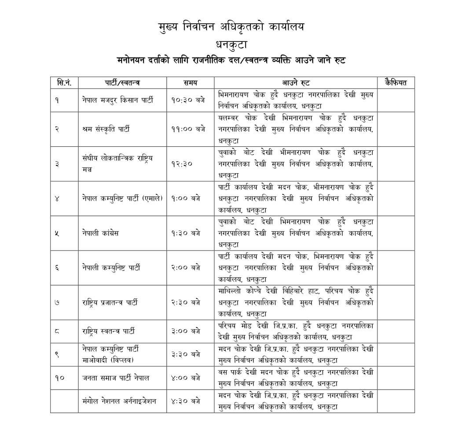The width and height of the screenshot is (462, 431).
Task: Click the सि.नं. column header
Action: click(x=64, y=82)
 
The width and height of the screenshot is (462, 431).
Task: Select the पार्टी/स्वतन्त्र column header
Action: click(x=122, y=82)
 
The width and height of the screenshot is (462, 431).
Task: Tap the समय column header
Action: click(x=190, y=82)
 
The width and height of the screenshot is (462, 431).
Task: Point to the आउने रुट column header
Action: click(x=296, y=82)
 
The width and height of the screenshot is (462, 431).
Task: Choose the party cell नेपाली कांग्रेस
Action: click(x=100, y=233)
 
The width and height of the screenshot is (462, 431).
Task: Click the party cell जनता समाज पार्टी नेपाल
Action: click(x=116, y=378)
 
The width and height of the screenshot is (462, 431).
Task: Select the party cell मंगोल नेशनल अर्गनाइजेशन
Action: click(x=119, y=401)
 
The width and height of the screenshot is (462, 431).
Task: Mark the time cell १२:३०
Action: click(x=181, y=163)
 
